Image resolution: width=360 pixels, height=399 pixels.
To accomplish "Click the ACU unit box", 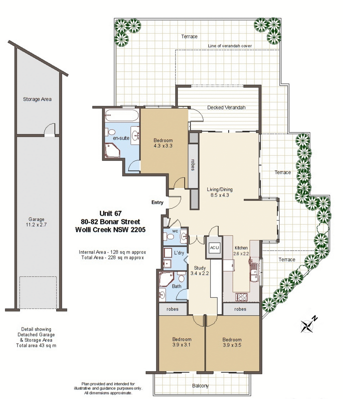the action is click(214, 247).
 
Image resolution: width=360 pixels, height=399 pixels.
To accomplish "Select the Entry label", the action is click(157, 202).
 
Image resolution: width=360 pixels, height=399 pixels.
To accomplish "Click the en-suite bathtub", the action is click(121, 116).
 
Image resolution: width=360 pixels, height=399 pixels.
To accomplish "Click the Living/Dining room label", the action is click(220, 192).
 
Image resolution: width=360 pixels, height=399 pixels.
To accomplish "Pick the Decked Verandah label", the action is click(226, 107).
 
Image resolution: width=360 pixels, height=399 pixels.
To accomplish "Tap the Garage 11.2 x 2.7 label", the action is click(36, 222).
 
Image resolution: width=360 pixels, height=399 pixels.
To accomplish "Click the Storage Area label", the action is click(37, 99).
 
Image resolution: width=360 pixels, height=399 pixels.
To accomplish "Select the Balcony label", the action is click(201, 386).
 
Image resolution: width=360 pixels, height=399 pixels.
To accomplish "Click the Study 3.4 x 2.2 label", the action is click(200, 271).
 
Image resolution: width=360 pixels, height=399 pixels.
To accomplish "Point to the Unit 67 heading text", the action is click(111, 213).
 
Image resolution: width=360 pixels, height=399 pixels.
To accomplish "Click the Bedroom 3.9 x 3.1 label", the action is click(182, 342).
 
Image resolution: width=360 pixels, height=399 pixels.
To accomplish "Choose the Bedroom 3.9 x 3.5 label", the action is click(232, 342).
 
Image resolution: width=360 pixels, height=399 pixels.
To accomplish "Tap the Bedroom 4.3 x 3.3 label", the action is click(163, 143).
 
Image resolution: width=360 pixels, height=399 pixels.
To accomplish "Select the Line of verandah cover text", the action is click(230, 46).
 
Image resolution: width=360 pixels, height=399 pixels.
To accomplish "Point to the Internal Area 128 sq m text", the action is click(112, 252).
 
